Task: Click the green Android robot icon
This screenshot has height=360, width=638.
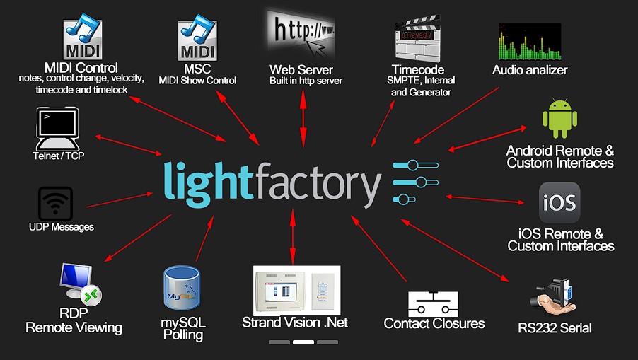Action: [x=560, y=118]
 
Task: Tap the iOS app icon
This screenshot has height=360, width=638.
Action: [x=559, y=202]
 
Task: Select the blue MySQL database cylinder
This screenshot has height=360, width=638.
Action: [x=182, y=289]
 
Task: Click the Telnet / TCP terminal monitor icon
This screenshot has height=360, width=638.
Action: [x=57, y=129]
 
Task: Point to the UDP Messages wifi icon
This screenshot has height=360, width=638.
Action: [x=55, y=204]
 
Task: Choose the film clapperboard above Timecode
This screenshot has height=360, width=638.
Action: [x=417, y=39]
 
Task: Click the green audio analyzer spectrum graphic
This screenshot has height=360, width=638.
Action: [x=530, y=42]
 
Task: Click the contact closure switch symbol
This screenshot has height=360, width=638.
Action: [x=433, y=304]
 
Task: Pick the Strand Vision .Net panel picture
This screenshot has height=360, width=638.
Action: [x=296, y=291]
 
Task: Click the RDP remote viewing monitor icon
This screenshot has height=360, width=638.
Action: [x=80, y=284]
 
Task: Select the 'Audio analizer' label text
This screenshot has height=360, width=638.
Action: [x=530, y=70]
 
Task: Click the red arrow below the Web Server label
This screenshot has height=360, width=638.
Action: [x=303, y=118]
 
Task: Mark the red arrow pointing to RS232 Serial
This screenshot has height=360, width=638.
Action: [x=455, y=250]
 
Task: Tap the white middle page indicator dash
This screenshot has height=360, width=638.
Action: [x=303, y=342]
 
